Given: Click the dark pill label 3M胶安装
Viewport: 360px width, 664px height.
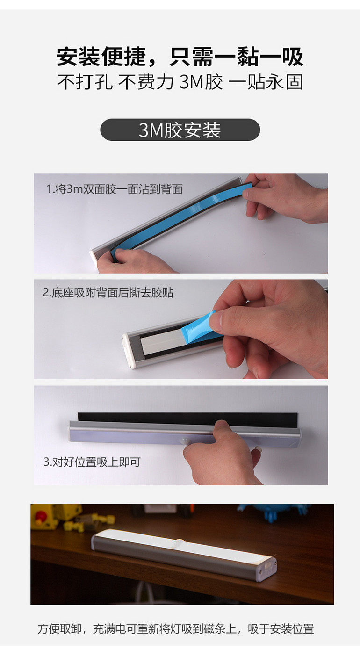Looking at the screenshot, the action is tap(180, 130).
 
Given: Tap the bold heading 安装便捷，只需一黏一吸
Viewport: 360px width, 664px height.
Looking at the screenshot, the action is tap(180, 57).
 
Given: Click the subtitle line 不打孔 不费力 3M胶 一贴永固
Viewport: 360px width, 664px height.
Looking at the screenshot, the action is tap(180, 82).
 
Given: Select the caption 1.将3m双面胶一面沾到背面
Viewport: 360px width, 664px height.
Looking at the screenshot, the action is tap(115, 189).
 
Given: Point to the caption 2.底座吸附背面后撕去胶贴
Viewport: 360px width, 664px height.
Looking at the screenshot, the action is tap(108, 293).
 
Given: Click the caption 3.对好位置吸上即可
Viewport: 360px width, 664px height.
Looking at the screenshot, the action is tap(92, 462).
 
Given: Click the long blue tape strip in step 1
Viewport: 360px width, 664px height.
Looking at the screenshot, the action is tap(181, 219).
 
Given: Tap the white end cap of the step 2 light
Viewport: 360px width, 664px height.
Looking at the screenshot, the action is tap(129, 352).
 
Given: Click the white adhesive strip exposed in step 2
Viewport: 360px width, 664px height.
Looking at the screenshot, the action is tap(161, 341).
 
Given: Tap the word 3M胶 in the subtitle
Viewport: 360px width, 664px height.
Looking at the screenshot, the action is tap(201, 82).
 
